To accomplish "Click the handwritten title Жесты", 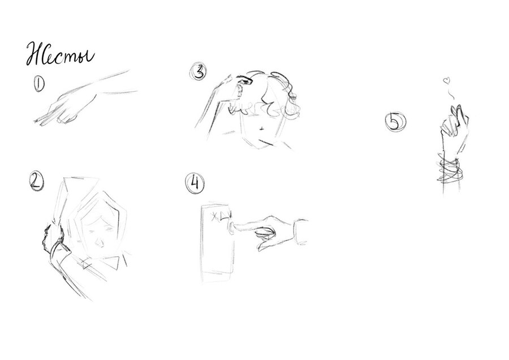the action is (x=60, y=54).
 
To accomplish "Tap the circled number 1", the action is (x=39, y=84).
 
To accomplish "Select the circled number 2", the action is (x=36, y=181).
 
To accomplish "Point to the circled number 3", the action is (x=199, y=72).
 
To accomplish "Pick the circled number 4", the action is (x=195, y=183).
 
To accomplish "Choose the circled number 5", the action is (x=395, y=122).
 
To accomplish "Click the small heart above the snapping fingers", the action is (x=447, y=80).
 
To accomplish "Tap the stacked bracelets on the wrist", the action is (x=450, y=169).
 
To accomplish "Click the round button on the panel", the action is (x=231, y=227).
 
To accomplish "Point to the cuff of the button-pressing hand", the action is (x=301, y=232).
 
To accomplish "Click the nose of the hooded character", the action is (x=98, y=242).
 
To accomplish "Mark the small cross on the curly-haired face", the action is (x=262, y=129).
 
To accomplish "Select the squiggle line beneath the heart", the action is (x=450, y=93).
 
